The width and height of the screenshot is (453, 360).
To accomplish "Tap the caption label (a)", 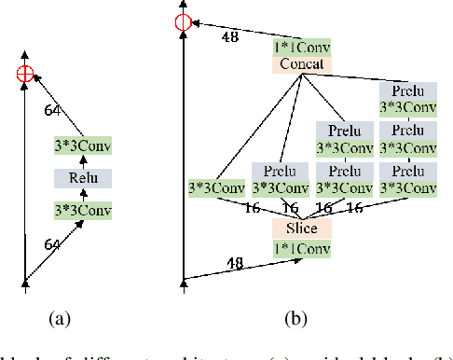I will (61, 319).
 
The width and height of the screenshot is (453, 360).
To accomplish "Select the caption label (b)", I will (296, 319).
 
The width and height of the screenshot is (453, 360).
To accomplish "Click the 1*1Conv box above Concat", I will (302, 47).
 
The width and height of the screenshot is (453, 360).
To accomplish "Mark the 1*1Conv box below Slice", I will (301, 247).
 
